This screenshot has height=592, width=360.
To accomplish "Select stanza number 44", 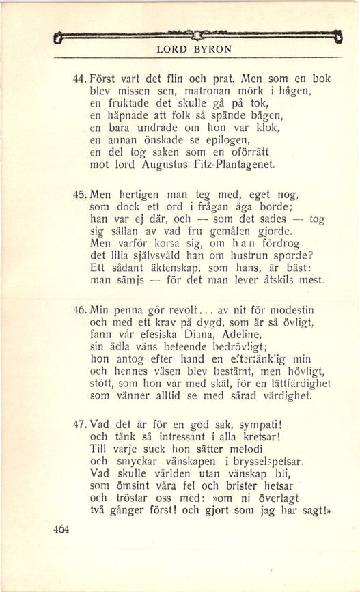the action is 80,79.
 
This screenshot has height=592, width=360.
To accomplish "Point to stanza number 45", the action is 80,195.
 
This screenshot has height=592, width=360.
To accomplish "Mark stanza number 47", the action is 80,425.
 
